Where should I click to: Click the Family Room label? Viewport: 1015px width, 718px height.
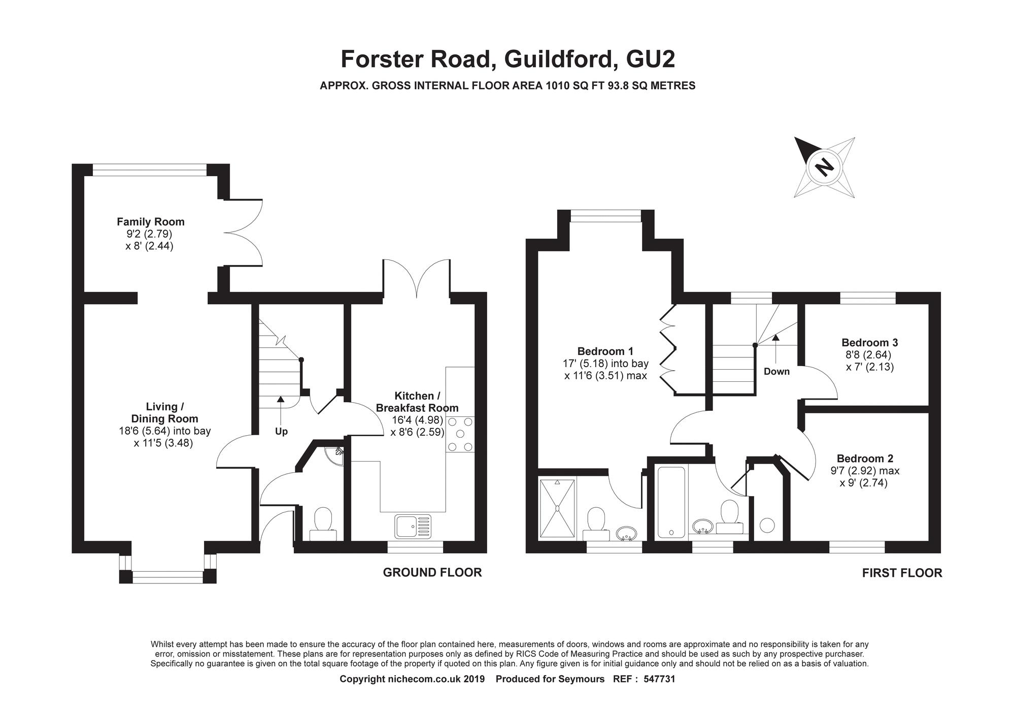(x=151, y=222)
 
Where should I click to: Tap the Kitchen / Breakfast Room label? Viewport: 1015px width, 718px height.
(x=417, y=402)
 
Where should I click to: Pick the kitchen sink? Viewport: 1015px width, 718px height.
(x=414, y=526)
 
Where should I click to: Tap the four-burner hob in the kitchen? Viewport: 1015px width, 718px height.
(x=460, y=434)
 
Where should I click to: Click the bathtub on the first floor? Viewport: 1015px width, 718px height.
(x=671, y=502)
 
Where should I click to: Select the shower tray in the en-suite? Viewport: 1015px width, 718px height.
(x=557, y=507)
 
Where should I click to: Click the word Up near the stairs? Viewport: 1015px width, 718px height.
(x=281, y=432)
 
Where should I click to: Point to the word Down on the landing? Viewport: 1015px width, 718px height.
(x=776, y=372)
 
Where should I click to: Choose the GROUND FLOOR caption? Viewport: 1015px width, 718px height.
(x=432, y=573)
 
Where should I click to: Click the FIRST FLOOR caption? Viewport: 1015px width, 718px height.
(x=902, y=573)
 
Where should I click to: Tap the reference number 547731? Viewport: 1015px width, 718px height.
(x=659, y=679)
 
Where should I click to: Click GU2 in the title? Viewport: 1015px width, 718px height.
(x=651, y=59)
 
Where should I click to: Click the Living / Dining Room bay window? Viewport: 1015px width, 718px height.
(x=167, y=574)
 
